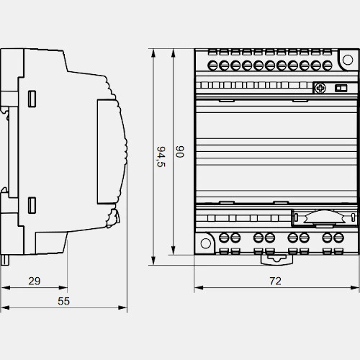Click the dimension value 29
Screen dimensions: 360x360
[x=35, y=281]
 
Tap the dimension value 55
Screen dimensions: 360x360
[x=63, y=301]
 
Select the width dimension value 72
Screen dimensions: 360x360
[x=275, y=281]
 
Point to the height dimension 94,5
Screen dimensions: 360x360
[x=161, y=156]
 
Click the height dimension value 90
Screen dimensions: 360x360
[x=179, y=151]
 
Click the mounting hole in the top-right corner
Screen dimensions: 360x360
[x=348, y=60]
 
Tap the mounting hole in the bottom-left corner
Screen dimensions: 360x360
[x=205, y=243]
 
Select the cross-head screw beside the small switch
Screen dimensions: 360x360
[x=320, y=88]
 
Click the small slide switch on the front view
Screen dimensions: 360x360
[x=341, y=89]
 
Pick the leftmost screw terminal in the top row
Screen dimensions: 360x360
[x=212, y=66]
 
